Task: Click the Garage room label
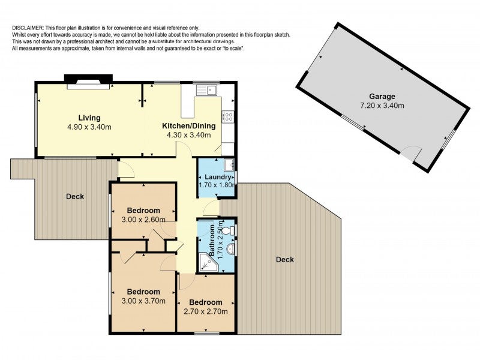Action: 382,97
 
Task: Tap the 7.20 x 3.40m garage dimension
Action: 382,106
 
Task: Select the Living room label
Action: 89,118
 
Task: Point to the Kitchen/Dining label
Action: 188,126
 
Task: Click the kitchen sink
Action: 207,90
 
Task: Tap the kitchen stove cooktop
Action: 229,116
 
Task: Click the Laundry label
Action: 218,177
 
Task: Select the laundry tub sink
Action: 229,164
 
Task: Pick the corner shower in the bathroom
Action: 208,262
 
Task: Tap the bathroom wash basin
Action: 231,249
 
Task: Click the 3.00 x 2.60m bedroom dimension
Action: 143,220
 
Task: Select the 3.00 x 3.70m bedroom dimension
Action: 143,301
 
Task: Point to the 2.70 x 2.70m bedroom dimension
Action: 205,311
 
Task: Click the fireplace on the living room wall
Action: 88,82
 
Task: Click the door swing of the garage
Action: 412,153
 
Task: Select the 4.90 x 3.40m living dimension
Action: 89,127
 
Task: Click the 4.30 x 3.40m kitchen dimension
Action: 188,135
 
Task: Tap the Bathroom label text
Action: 212,241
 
